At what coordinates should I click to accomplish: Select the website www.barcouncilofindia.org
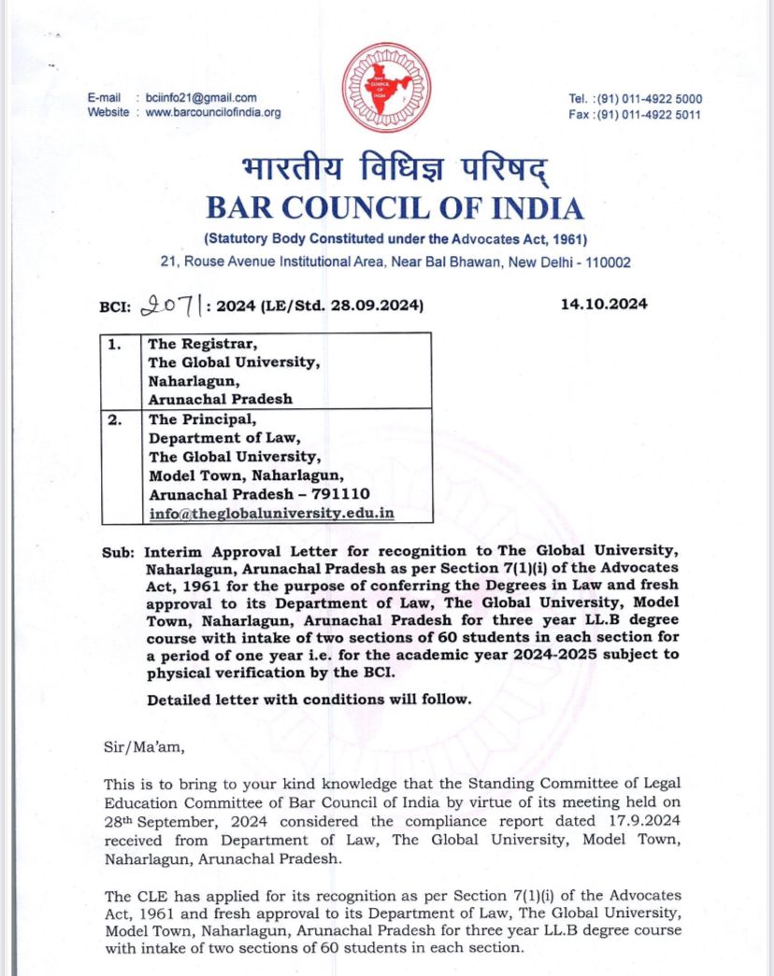pyautogui.click(x=213, y=112)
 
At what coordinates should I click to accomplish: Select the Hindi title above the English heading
pyautogui.click(x=393, y=170)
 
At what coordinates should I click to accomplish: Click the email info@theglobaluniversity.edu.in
pyautogui.click(x=271, y=513)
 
